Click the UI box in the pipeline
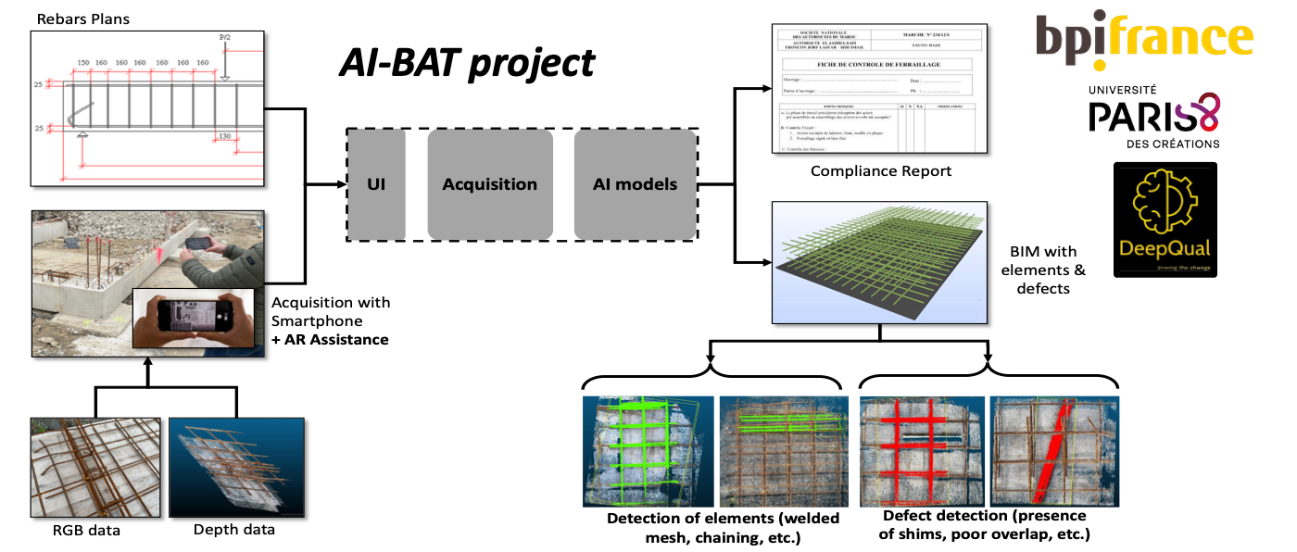click(376, 183)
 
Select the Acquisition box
click(490, 183)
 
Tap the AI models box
click(635, 183)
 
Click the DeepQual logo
click(1165, 220)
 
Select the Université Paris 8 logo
click(1154, 116)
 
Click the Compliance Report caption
click(880, 171)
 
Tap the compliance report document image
click(880, 89)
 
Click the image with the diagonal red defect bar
click(1054, 450)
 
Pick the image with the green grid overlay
click(648, 451)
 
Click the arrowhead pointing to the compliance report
click(766, 89)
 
